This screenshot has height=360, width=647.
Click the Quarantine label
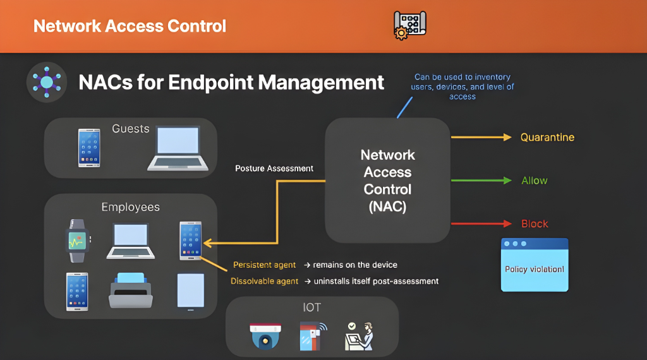[547, 137]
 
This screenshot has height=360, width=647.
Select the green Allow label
[534, 181]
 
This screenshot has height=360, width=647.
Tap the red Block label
[535, 224]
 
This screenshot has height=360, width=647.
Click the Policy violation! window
[535, 265]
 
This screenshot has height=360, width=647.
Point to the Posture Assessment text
[274, 169]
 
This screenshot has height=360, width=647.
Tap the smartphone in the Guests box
[89, 148]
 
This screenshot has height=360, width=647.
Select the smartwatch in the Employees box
[78, 241]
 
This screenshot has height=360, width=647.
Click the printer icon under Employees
[131, 291]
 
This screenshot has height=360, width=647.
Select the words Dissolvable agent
[264, 281]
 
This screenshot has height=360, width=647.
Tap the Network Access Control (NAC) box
[387, 181]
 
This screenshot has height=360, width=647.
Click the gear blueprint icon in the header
[409, 25]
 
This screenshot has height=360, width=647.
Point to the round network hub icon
[47, 81]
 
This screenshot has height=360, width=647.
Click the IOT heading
[311, 308]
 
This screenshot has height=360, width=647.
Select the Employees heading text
[131, 207]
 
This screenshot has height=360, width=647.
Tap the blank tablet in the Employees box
[190, 291]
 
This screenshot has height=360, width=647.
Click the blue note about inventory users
[463, 87]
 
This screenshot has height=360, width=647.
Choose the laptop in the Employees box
[131, 241]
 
